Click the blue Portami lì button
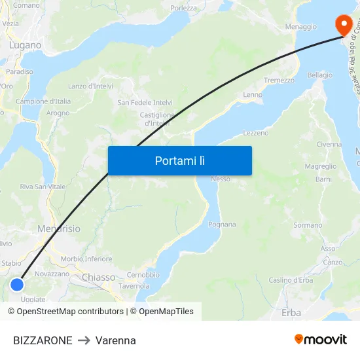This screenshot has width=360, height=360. pyautogui.click(x=179, y=160)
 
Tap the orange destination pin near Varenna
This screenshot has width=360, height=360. pyautogui.click(x=343, y=25)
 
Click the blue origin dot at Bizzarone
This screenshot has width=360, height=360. pyautogui.click(x=17, y=285)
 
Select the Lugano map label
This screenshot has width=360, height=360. pyautogui.click(x=25, y=45)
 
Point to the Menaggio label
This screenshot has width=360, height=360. pyautogui.click(x=301, y=27)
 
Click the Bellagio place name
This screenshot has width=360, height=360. pyautogui.click(x=320, y=75)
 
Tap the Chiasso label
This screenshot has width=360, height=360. pyautogui.click(x=98, y=278)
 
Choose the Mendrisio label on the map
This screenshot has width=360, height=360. pyautogui.click(x=59, y=229)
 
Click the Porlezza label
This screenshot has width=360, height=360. pyautogui.click(x=184, y=9)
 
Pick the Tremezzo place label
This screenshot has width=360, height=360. pyautogui.click(x=279, y=80)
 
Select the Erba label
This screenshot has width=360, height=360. pyautogui.click(x=291, y=313)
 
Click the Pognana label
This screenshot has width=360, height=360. pyautogui.click(x=221, y=225)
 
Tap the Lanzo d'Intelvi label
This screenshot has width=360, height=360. pyautogui.click(x=90, y=86)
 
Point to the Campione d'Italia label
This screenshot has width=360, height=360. pyautogui.click(x=43, y=101)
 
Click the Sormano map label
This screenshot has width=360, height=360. pyautogui.click(x=308, y=225)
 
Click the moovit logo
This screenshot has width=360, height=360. pyautogui.click(x=321, y=339)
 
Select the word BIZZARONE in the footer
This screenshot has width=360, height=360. pyautogui.click(x=43, y=340)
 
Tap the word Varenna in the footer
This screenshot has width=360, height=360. pyautogui.click(x=116, y=340)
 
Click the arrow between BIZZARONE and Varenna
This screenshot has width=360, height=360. pyautogui.click(x=84, y=340)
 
